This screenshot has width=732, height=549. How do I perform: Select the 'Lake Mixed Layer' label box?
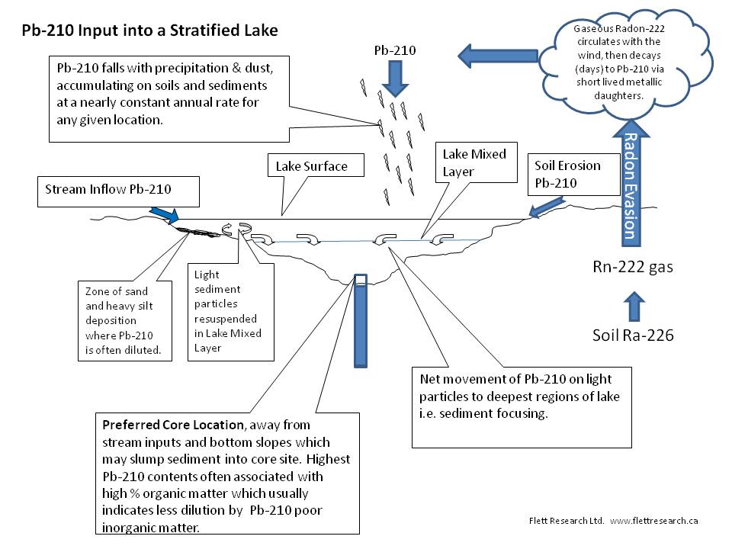click(x=474, y=162)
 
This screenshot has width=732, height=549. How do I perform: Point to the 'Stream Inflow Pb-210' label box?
click(x=119, y=191)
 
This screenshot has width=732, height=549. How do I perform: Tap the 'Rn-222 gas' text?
click(x=633, y=267)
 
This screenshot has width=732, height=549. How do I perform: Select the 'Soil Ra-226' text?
click(x=633, y=335)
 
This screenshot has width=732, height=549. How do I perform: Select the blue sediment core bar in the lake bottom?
click(x=360, y=320)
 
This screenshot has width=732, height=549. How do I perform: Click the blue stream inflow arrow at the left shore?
click(x=162, y=213)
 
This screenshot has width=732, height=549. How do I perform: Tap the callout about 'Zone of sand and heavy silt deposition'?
click(x=127, y=321)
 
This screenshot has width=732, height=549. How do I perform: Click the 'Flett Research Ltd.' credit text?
click(x=566, y=521)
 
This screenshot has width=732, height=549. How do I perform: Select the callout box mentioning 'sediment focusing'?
click(x=522, y=407)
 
